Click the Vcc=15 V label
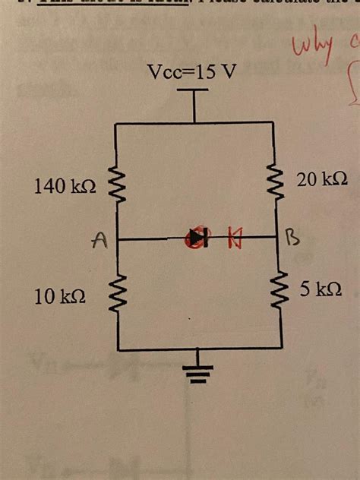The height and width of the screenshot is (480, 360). [194, 73]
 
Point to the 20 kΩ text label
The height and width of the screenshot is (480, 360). [323, 179]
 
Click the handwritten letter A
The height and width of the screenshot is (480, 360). [97, 242]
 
